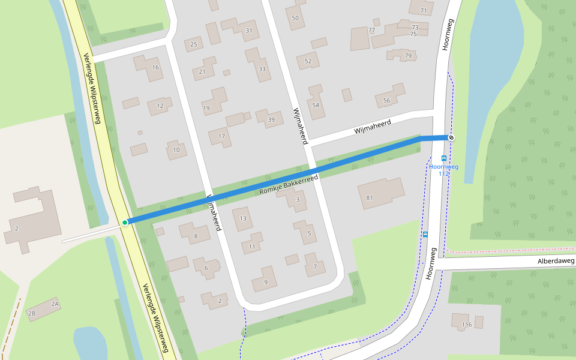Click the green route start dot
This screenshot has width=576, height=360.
click(125, 223)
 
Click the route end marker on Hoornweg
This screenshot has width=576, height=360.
click(451, 138)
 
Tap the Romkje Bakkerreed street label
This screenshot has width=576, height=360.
click(288, 185)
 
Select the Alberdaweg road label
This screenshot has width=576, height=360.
click(556, 261)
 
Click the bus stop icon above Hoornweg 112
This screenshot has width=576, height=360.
click(444, 158)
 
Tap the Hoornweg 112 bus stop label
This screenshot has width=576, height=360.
click(443, 170)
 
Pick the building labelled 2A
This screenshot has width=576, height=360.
click(55, 304)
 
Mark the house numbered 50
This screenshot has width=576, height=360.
click(295, 18)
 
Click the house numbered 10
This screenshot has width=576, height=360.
click(176, 149)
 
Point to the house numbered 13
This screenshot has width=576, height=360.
click(243, 218)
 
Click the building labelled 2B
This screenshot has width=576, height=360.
click(33, 313)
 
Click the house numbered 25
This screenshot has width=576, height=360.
click(193, 44)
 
